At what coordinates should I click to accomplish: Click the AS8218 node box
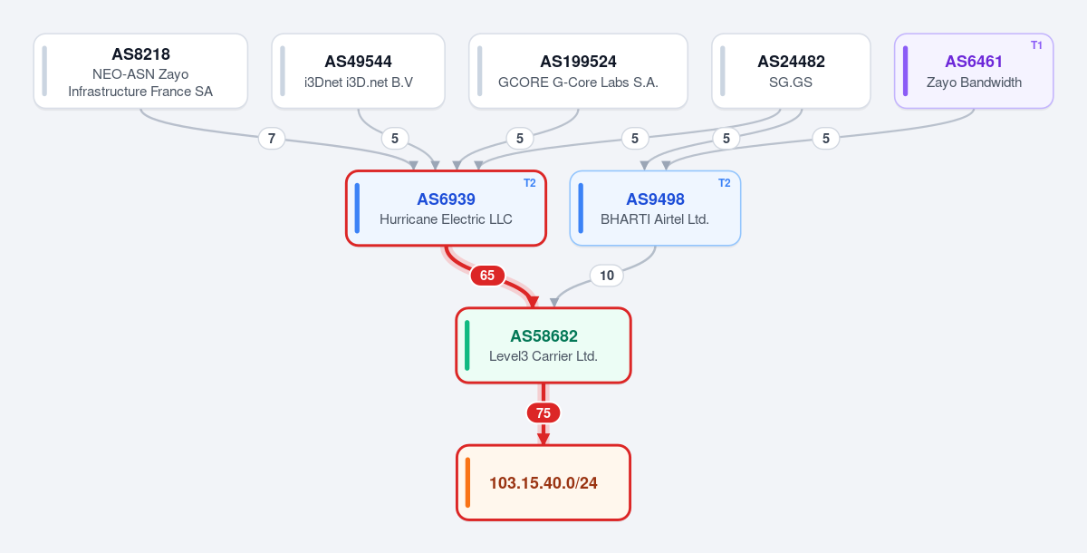coord(140,71)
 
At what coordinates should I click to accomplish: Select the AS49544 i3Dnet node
coord(358,71)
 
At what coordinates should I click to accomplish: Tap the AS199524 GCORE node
coord(578,71)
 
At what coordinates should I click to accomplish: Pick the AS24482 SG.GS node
coord(791,71)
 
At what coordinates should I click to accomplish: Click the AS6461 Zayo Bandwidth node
coord(974,71)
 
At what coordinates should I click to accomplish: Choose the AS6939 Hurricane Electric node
coord(446,209)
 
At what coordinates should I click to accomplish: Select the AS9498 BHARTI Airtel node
coord(655,209)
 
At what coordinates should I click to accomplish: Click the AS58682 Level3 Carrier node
coord(543,345)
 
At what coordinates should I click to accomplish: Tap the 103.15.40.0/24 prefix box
coord(543,482)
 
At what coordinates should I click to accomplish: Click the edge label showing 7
coord(272,139)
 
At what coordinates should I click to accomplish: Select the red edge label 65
coord(487,276)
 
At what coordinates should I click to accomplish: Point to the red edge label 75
coord(543,413)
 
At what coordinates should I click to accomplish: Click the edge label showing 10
coord(607,276)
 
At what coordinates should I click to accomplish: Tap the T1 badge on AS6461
coord(1036,45)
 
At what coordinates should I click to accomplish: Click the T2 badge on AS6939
coord(529,183)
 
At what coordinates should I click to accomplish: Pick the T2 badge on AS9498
coord(724,183)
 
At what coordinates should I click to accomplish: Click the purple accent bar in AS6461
coord(906,71)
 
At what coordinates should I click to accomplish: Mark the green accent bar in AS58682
coord(467,345)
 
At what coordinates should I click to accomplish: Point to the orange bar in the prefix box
coord(467,482)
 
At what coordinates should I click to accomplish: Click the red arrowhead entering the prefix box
coord(543,439)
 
